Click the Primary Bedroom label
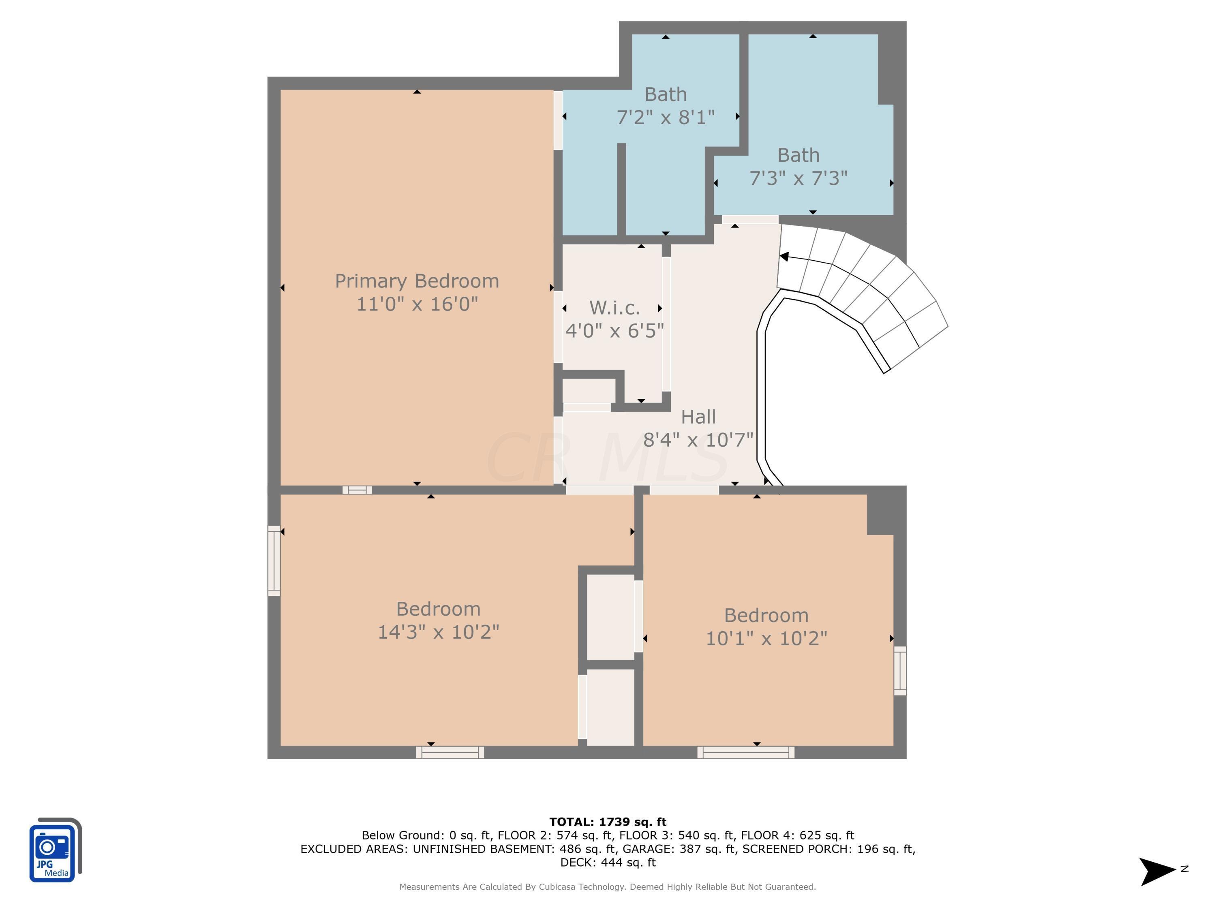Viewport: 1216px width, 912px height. point(417,281)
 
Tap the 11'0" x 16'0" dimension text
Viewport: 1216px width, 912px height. point(417,304)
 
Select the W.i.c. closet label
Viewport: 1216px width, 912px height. point(614,308)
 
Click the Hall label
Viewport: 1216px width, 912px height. point(698,417)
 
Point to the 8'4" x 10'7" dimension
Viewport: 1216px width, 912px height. point(698,440)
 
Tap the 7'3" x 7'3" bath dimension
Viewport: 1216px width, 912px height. point(798,178)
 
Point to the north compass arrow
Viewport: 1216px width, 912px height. point(1157,871)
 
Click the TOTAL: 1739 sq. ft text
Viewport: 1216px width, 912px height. point(608,822)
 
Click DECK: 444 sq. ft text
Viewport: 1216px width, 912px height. point(608,863)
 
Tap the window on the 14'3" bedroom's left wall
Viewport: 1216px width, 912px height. point(274,561)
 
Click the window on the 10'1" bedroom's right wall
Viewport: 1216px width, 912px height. point(899,671)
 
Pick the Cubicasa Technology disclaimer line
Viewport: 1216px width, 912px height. point(608,887)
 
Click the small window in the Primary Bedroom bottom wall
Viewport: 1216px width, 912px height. point(358,490)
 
